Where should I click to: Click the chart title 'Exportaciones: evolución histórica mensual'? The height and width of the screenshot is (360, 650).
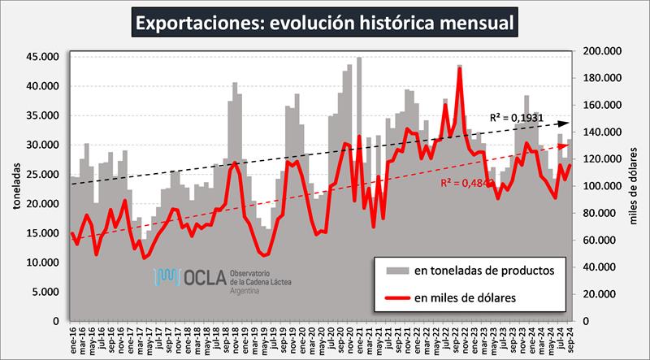324,22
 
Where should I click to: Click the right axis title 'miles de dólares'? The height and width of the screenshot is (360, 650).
635,184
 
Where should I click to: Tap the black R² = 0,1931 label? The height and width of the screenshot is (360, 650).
517,117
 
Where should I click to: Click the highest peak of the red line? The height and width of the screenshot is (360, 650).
460,68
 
